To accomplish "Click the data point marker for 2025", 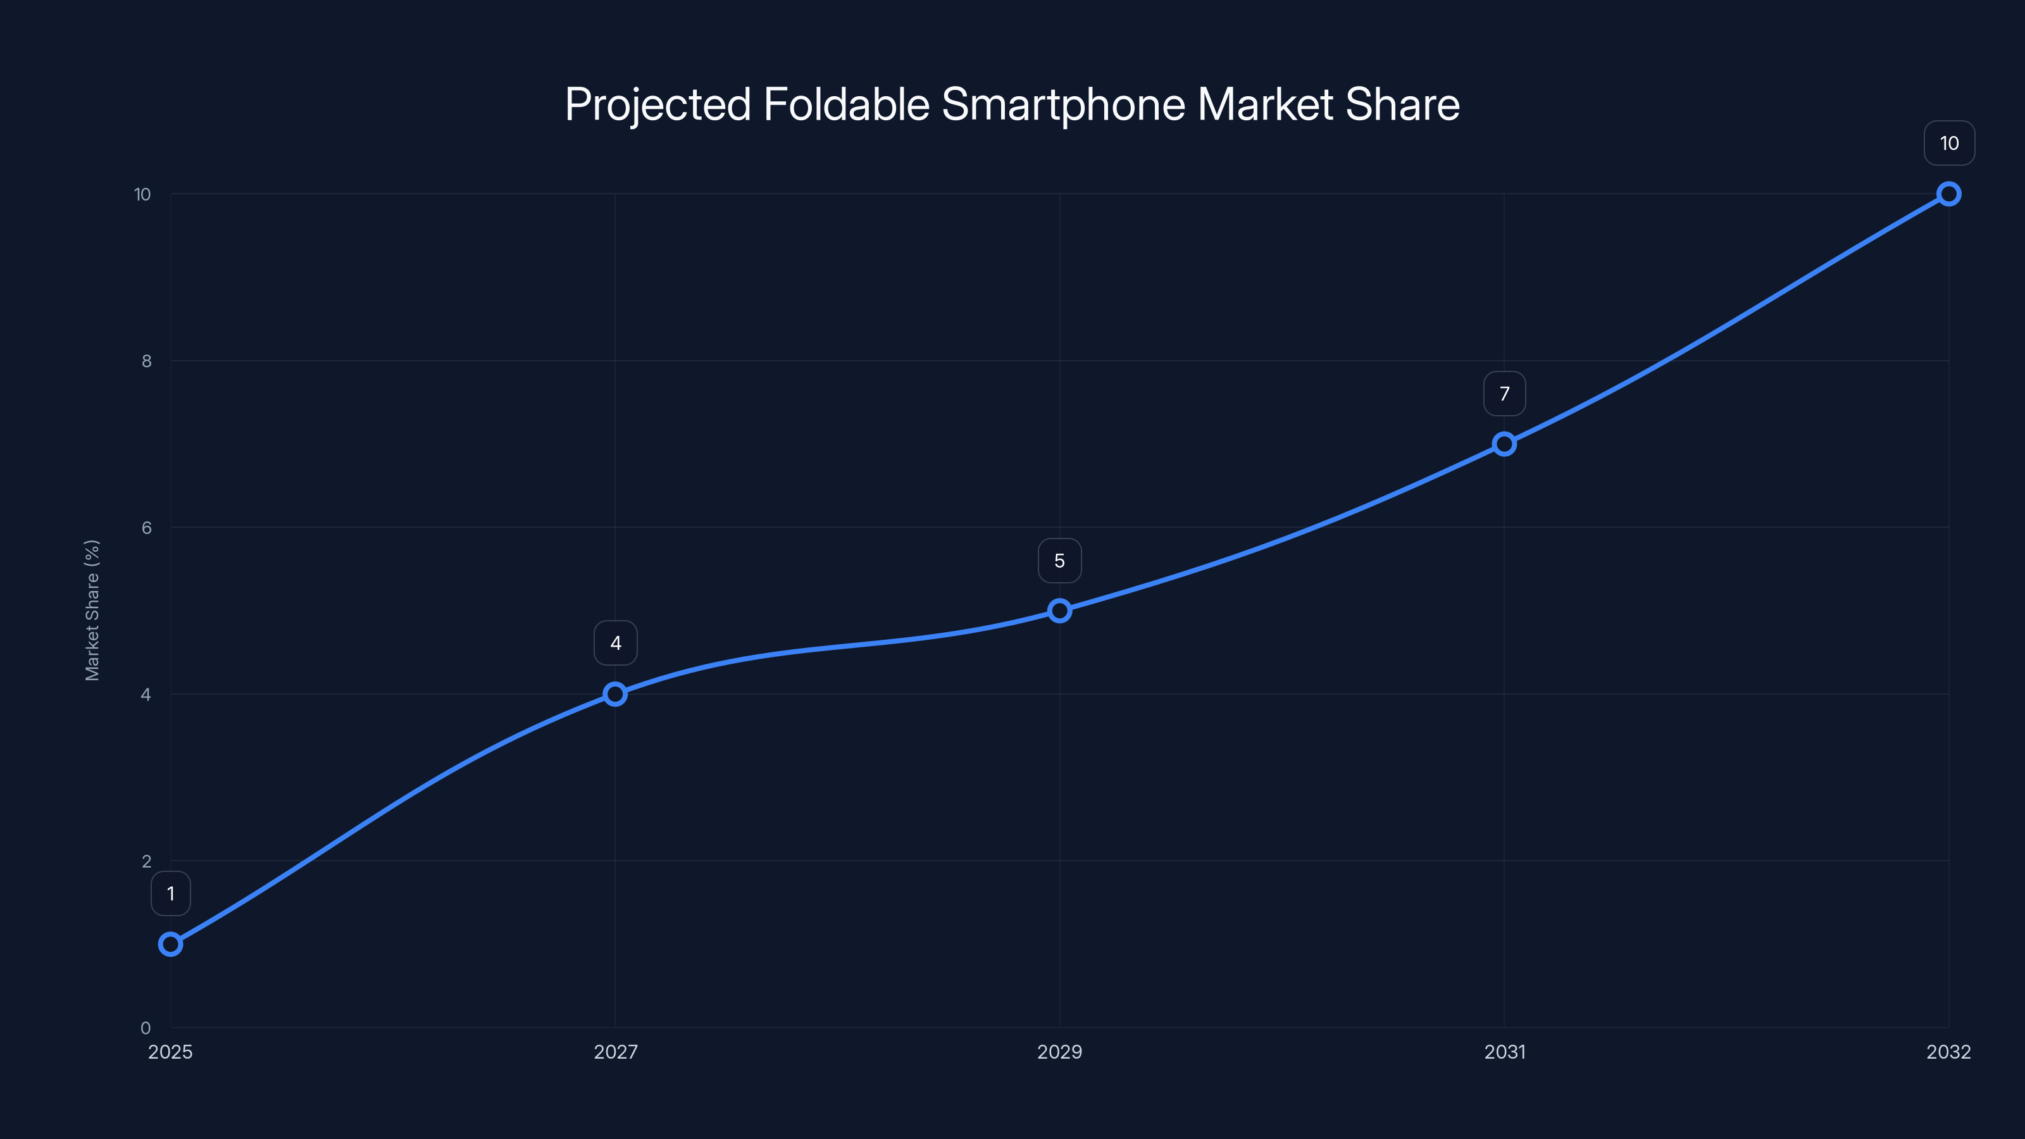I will pyautogui.click(x=171, y=943).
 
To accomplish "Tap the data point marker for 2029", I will pyautogui.click(x=1060, y=611).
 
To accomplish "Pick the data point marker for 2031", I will pyautogui.click(x=1504, y=444).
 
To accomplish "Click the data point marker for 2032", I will pyautogui.click(x=1949, y=194).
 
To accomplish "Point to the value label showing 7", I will pyautogui.click(x=1504, y=394).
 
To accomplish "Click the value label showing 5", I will pyautogui.click(x=1060, y=561).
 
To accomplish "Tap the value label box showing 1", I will pyautogui.click(x=171, y=893).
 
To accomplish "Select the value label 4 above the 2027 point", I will pyautogui.click(x=616, y=643).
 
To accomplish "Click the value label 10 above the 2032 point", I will pyautogui.click(x=1949, y=143).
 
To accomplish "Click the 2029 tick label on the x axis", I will pyautogui.click(x=1060, y=1052).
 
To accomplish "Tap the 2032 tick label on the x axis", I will pyautogui.click(x=1948, y=1052).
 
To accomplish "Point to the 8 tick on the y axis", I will pyautogui.click(x=146, y=361).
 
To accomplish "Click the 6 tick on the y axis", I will pyautogui.click(x=146, y=528).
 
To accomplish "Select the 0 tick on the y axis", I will pyautogui.click(x=146, y=1028).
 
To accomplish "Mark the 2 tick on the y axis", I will pyautogui.click(x=146, y=861).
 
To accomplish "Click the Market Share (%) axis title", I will pyautogui.click(x=92, y=610).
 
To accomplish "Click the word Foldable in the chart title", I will pyautogui.click(x=846, y=104).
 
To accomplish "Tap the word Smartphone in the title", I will pyautogui.click(x=1063, y=104).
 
